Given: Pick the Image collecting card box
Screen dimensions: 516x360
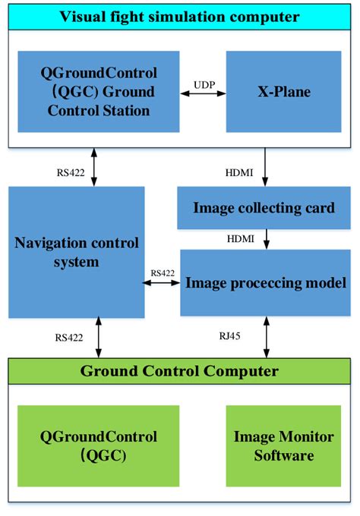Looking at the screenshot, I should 264,207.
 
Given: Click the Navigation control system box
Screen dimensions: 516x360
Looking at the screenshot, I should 77,252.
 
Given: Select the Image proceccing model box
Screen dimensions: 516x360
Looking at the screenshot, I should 264,282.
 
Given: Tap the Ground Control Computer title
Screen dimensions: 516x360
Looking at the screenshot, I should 180,371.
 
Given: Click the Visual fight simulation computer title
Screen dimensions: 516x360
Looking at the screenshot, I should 180,17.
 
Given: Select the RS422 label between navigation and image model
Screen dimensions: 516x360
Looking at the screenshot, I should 163,272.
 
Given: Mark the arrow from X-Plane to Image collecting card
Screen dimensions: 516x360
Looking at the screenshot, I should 264,166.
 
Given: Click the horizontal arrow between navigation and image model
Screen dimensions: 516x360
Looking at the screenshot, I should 163,282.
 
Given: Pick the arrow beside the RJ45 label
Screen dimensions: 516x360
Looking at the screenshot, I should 264,336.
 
